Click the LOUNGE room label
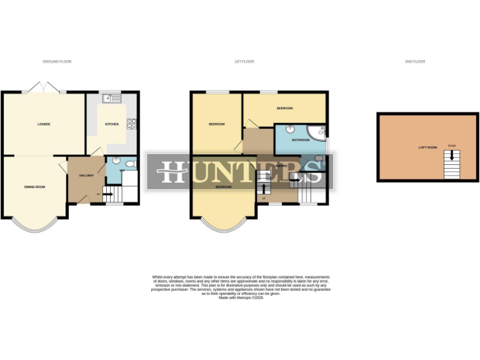point(43,124)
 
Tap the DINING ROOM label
point(34,187)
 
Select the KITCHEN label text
point(112,124)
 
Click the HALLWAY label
point(86,176)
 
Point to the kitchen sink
point(112,98)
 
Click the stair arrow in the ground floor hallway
point(106,194)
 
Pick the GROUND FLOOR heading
point(57,61)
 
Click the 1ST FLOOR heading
point(243,61)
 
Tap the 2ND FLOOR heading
point(415,61)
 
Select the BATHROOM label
point(300,140)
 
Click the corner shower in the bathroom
point(319,131)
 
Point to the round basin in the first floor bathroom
point(291,129)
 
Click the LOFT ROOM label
point(427,147)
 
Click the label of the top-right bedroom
point(284,108)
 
